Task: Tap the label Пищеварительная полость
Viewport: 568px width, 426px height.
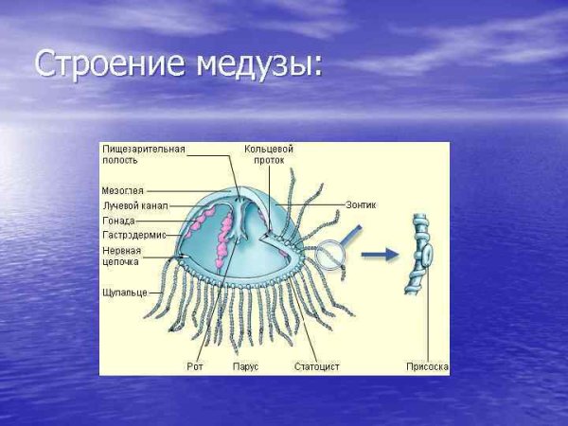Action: point(143,154)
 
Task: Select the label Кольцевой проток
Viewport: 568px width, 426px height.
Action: point(269,154)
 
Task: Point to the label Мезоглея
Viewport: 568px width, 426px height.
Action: point(123,190)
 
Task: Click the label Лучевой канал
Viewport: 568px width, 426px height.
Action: point(134,205)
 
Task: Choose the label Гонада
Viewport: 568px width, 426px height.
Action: point(118,220)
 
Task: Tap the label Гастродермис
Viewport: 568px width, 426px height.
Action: point(133,234)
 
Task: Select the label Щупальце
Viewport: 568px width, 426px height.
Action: point(123,293)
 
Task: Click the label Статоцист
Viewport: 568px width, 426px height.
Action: point(316,365)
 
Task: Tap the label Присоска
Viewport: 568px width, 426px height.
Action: point(426,365)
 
